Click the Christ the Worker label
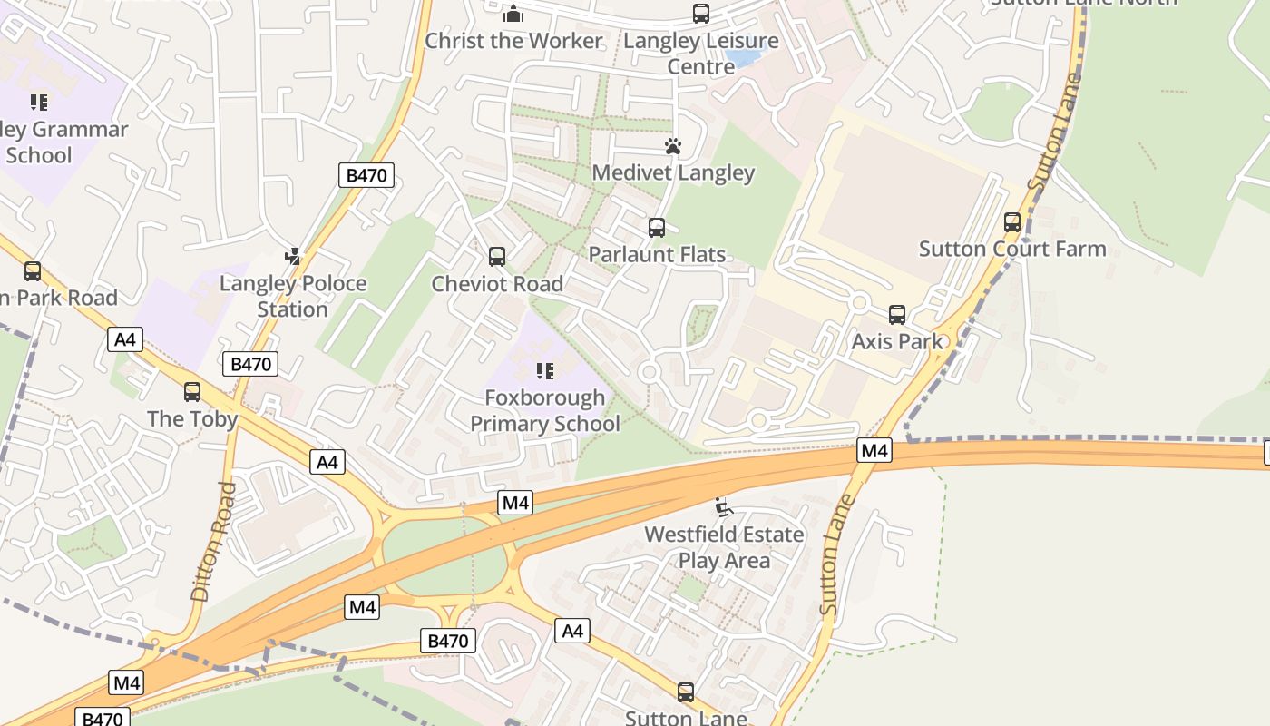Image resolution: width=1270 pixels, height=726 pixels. pyautogui.click(x=513, y=41)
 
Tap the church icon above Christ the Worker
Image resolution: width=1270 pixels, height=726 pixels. pyautogui.click(x=513, y=14)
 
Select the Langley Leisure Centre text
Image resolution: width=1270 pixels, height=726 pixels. pyautogui.click(x=700, y=54)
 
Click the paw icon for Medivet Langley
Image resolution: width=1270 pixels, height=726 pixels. pyautogui.click(x=672, y=146)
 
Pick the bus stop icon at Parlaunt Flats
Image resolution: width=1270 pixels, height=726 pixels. pyautogui.click(x=657, y=228)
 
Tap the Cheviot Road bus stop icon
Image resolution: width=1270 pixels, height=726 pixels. pyautogui.click(x=497, y=257)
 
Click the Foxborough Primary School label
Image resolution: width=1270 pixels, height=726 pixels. pyautogui.click(x=544, y=410)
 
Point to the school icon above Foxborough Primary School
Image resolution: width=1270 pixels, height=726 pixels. pyautogui.click(x=544, y=370)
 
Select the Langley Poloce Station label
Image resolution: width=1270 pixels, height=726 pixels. pyautogui.click(x=292, y=296)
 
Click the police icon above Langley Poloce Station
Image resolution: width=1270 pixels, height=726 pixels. pyautogui.click(x=292, y=257)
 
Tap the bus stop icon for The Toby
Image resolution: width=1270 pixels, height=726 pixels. pyautogui.click(x=192, y=392)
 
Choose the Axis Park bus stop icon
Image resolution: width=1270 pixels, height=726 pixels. pyautogui.click(x=897, y=315)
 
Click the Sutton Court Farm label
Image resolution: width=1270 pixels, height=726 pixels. pyautogui.click(x=1012, y=249)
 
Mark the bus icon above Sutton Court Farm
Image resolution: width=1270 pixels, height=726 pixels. pyautogui.click(x=1012, y=222)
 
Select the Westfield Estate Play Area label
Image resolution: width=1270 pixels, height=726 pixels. pyautogui.click(x=724, y=547)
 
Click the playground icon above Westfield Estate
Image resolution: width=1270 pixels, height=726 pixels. pyautogui.click(x=723, y=507)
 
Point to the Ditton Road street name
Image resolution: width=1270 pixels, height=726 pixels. pyautogui.click(x=214, y=541)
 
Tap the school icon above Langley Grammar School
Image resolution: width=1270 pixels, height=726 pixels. pyautogui.click(x=38, y=102)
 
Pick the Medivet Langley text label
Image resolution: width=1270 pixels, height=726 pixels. pyautogui.click(x=673, y=172)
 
